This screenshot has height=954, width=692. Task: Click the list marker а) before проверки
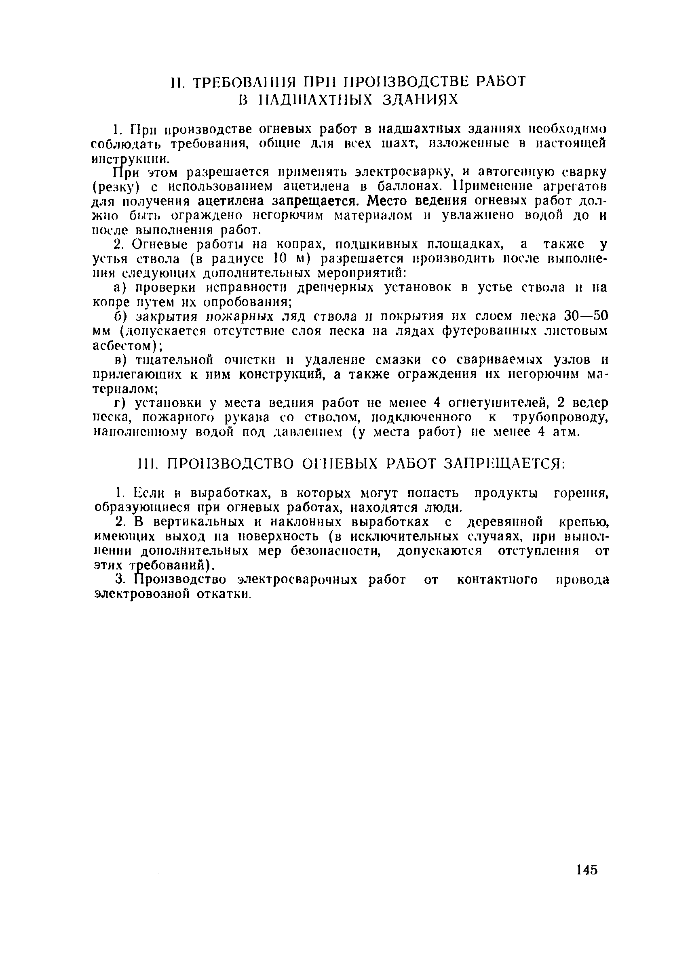point(120,288)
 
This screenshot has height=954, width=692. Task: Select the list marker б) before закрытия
point(120,316)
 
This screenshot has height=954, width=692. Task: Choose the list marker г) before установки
point(120,403)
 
